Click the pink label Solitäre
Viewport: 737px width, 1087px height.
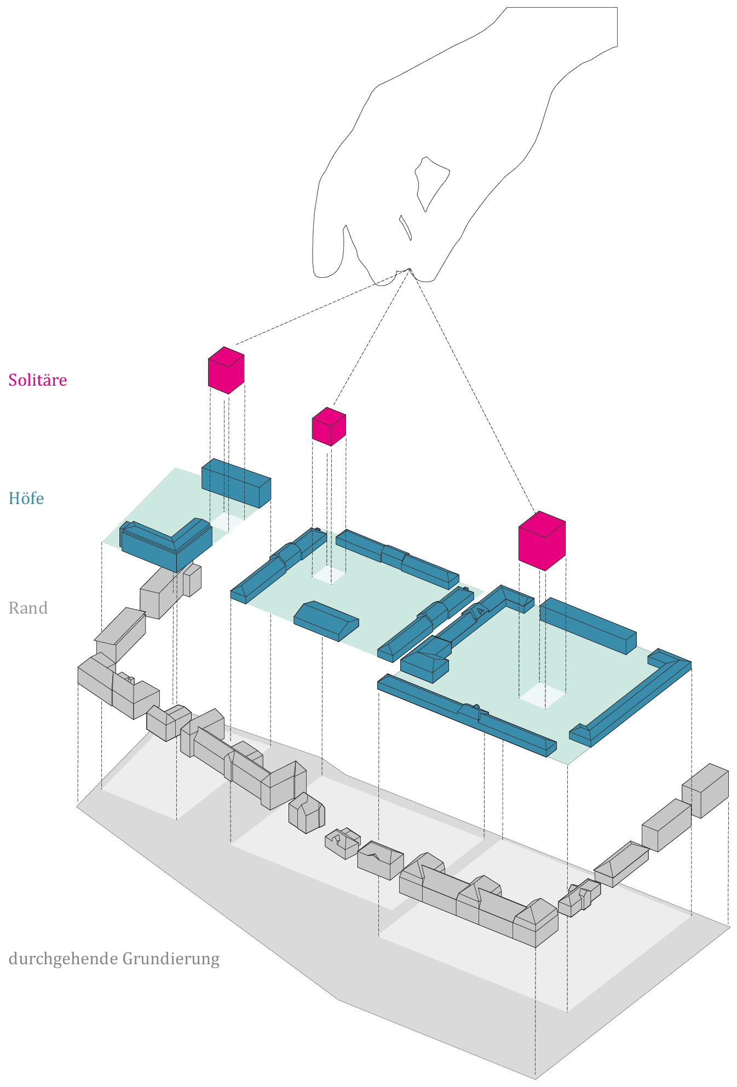tap(37, 380)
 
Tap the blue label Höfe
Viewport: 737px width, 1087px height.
tap(26, 498)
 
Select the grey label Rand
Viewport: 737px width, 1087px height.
tap(28, 608)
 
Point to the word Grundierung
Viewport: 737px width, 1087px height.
tap(171, 959)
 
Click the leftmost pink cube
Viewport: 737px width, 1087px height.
tap(226, 370)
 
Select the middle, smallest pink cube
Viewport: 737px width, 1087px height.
tap(329, 426)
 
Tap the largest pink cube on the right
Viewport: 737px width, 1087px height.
tap(542, 540)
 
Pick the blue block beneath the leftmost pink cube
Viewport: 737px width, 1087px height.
tap(236, 483)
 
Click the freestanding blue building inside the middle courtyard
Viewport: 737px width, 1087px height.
tap(326, 621)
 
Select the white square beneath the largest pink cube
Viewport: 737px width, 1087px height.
tap(542, 696)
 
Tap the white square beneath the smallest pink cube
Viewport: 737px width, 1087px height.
tap(329, 575)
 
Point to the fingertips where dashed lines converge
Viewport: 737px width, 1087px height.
tap(408, 271)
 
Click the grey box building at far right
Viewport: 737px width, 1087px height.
tap(705, 789)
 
